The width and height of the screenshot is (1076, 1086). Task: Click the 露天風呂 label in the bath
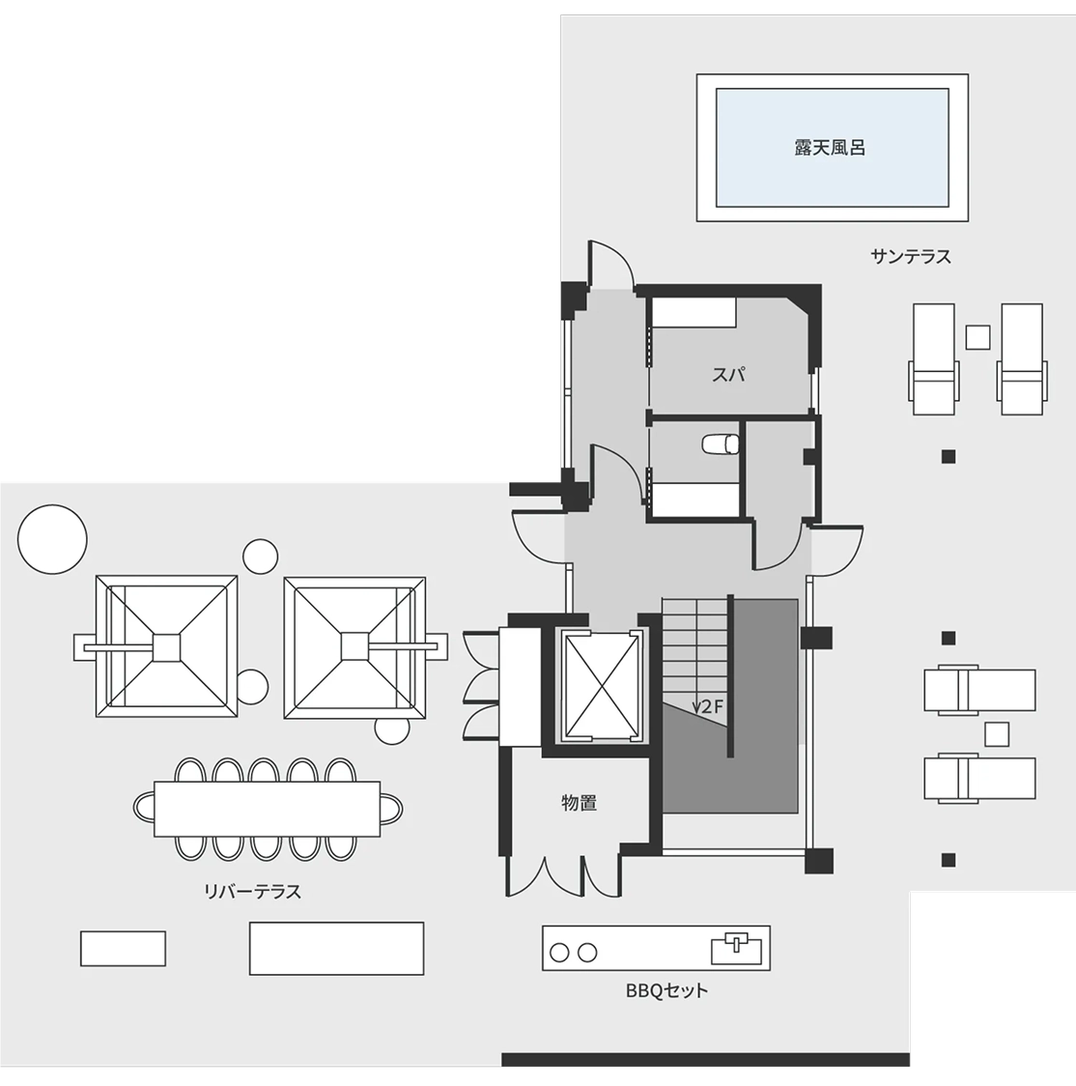click(830, 148)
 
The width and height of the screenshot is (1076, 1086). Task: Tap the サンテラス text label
click(911, 257)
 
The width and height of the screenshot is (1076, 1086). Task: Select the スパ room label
click(728, 375)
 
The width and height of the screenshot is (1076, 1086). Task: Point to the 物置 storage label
click(579, 803)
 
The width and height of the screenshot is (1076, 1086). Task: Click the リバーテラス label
click(253, 891)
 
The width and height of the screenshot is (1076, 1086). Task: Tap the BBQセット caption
click(666, 990)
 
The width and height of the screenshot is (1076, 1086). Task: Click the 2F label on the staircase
click(712, 707)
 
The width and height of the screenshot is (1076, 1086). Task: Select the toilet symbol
click(721, 443)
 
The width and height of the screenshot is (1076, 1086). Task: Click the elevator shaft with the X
click(602, 686)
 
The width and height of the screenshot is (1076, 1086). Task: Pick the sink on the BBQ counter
click(737, 949)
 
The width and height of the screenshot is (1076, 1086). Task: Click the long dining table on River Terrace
click(268, 809)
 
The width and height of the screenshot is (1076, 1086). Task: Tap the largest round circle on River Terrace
click(52, 539)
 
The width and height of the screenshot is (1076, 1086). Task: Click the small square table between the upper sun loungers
click(977, 337)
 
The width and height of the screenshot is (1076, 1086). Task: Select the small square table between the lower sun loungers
click(997, 734)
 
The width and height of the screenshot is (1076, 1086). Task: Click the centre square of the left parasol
click(166, 647)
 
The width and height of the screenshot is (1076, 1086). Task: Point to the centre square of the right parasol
click(354, 647)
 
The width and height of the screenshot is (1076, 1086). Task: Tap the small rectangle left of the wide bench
click(124, 948)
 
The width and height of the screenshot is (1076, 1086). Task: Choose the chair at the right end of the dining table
click(392, 808)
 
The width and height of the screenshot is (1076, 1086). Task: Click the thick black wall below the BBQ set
click(705, 1060)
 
